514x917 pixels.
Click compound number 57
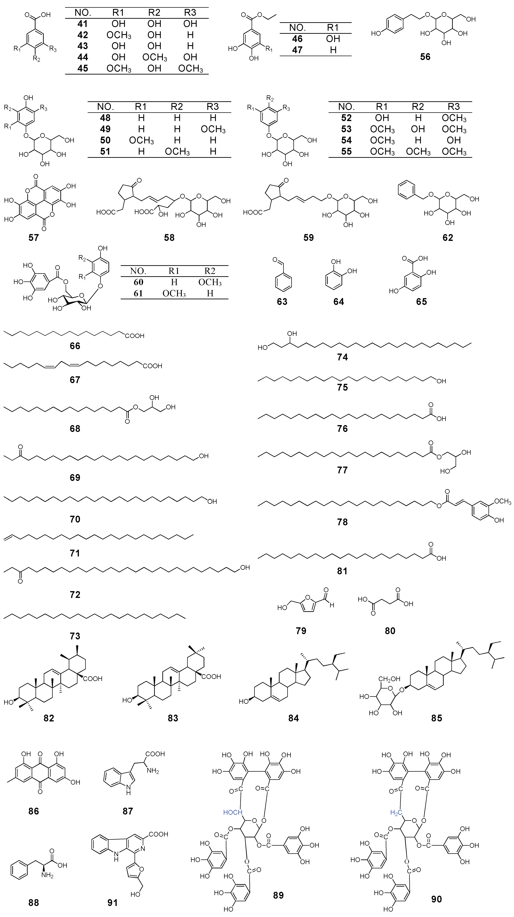tap(33, 237)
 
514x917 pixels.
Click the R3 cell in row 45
tap(191, 68)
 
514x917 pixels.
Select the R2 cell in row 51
tap(177, 152)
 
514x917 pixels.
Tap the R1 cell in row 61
tap(174, 293)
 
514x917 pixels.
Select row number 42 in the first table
tap(83, 35)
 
